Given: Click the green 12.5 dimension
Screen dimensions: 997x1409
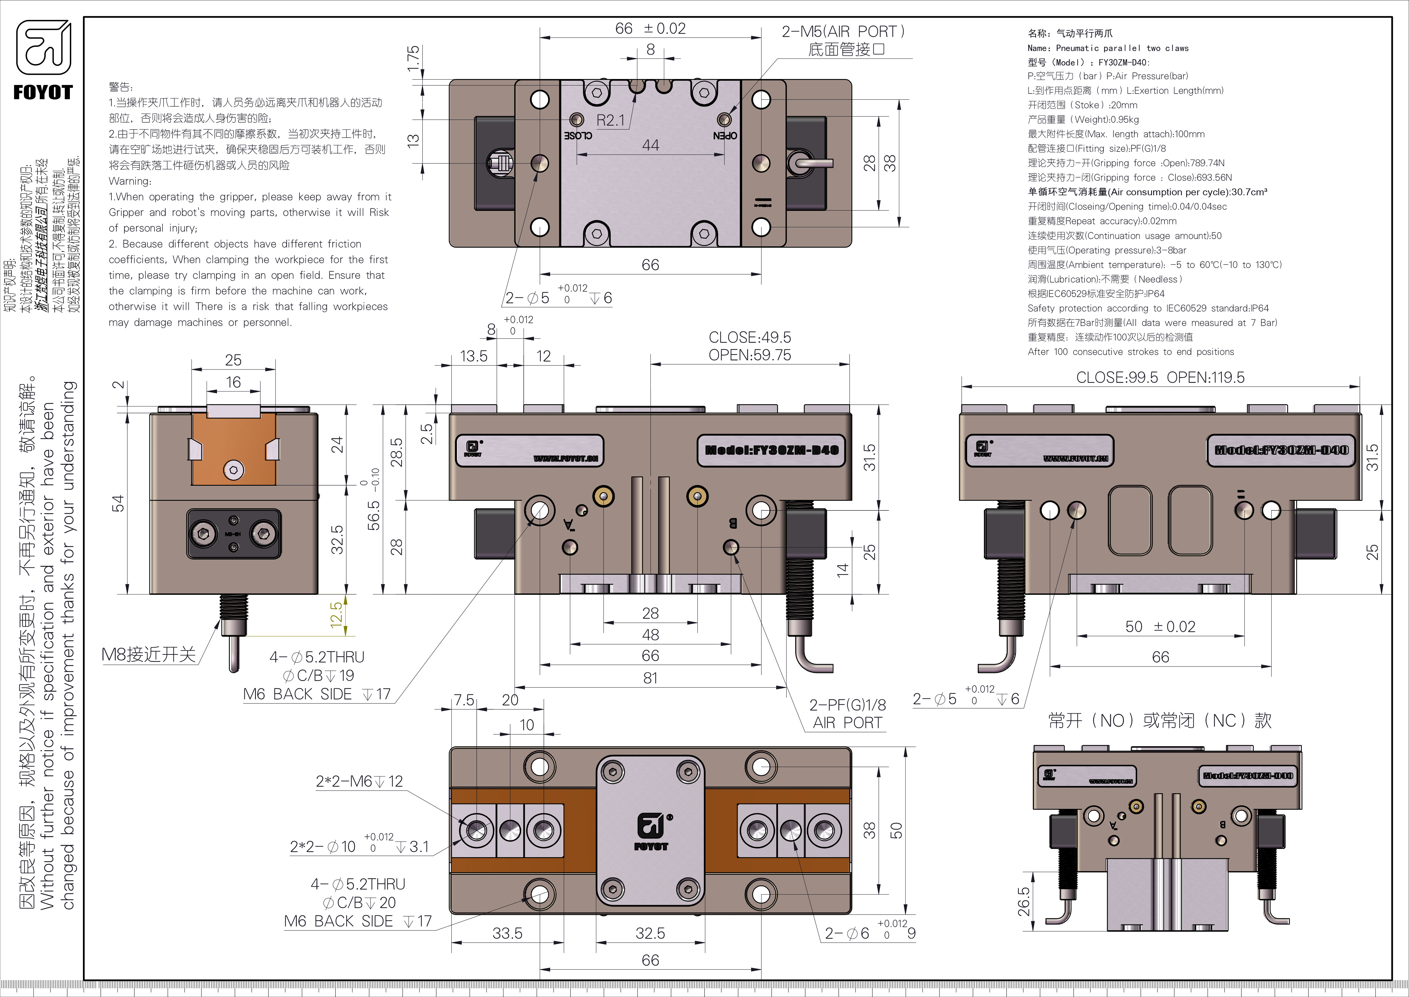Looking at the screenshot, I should click(x=336, y=614).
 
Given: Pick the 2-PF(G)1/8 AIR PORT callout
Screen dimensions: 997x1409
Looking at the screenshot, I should click(x=847, y=713).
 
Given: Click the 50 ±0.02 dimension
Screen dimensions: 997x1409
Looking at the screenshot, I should click(x=1160, y=627).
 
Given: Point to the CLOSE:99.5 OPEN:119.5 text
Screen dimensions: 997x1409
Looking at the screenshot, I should click(x=1160, y=377).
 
